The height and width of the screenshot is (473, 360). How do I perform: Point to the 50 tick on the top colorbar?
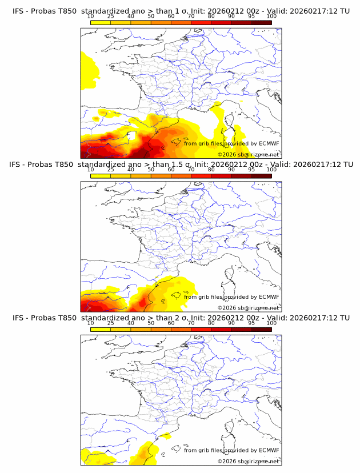151,16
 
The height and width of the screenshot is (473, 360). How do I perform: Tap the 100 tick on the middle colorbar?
271,170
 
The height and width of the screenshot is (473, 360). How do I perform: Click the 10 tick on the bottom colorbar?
91,323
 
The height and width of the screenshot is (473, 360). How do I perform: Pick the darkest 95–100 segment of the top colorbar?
261,22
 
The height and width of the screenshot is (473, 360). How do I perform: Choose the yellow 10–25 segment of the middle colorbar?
101,176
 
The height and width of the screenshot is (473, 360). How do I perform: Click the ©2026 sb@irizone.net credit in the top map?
249,155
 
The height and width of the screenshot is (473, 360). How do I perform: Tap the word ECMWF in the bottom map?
269,450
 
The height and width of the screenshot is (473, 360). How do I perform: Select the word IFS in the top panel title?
18,11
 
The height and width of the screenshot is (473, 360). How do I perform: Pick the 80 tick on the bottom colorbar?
211,323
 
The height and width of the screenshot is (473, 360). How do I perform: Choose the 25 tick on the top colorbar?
111,16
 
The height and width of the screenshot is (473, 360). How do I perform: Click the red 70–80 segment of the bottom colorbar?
201,330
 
